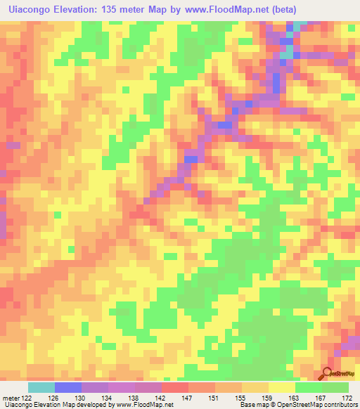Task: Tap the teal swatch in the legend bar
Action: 41,387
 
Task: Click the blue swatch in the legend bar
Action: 68,387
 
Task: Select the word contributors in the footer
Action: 336,405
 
